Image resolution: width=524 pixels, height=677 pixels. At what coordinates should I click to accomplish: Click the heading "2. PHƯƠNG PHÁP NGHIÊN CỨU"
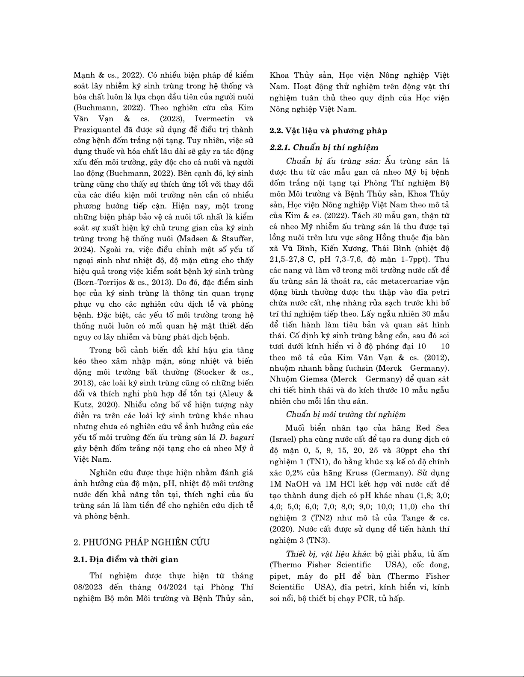click(142, 542)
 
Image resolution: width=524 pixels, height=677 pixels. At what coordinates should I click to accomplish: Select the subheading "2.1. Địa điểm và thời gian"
click(126, 559)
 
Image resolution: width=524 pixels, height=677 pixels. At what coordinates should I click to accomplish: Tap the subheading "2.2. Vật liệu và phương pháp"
click(328, 131)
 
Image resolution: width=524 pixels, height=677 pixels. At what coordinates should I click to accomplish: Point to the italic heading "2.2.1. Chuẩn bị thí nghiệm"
click(324, 147)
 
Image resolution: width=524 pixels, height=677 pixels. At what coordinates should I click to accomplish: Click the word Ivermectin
click(213, 118)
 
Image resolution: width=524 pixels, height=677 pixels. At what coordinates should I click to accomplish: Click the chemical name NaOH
click(299, 484)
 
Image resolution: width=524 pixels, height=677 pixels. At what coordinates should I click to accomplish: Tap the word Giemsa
click(311, 379)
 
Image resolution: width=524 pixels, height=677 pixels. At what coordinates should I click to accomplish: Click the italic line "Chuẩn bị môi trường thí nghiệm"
click(346, 414)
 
